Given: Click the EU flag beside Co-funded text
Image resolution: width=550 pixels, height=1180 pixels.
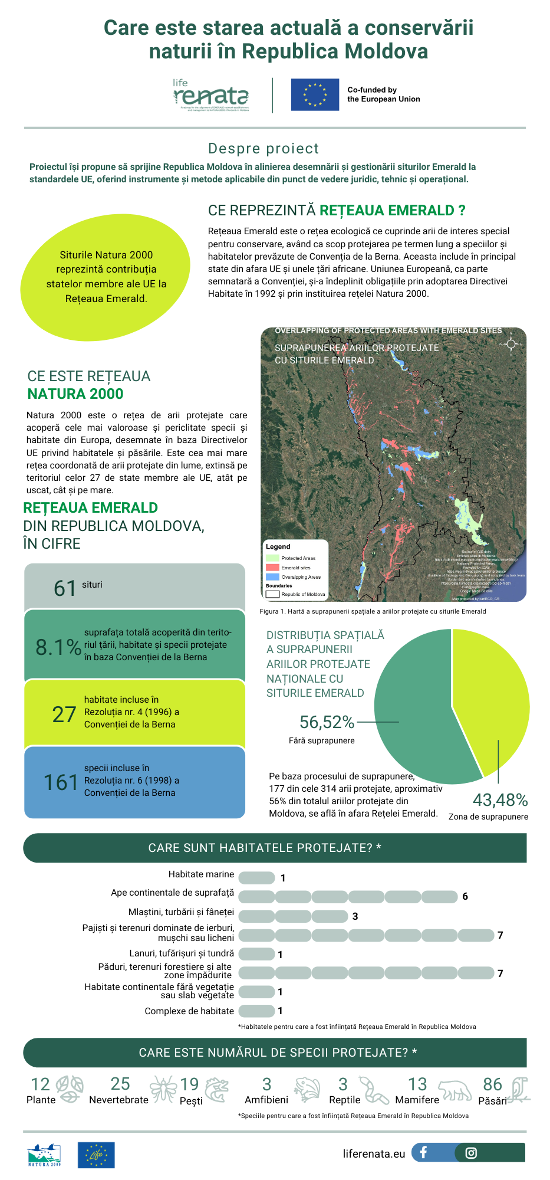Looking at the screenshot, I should pyautogui.click(x=315, y=94).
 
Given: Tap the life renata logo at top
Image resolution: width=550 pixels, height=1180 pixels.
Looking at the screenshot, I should pyautogui.click(x=211, y=95).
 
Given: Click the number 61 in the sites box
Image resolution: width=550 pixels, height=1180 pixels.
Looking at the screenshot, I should pyautogui.click(x=65, y=588).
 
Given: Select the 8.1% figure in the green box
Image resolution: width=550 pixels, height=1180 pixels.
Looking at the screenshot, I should pyautogui.click(x=58, y=647).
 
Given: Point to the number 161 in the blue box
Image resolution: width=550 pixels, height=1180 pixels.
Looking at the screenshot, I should pyautogui.click(x=61, y=782).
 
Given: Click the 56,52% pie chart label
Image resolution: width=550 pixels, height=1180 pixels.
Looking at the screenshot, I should pyautogui.click(x=327, y=722).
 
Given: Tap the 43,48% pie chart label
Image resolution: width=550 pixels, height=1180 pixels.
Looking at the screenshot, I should pyautogui.click(x=500, y=800).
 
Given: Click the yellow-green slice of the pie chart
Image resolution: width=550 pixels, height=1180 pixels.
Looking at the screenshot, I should pyautogui.click(x=492, y=696).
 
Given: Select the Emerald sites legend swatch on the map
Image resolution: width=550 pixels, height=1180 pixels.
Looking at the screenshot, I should pyautogui.click(x=272, y=568).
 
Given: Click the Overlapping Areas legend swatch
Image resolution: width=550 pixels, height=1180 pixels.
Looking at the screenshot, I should pyautogui.click(x=272, y=577).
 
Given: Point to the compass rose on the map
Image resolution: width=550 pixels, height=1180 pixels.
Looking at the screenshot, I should pyautogui.click(x=511, y=344).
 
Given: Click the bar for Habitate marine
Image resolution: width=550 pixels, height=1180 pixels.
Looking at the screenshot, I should pyautogui.click(x=256, y=878).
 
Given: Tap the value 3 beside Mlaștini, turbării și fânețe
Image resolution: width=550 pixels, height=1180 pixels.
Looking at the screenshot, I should pyautogui.click(x=355, y=916).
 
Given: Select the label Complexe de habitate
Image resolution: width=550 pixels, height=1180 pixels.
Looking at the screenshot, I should pyautogui.click(x=189, y=1011).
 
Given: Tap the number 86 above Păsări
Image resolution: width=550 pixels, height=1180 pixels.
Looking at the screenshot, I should pyautogui.click(x=492, y=1084).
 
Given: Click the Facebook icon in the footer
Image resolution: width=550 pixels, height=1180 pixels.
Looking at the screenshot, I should pyautogui.click(x=423, y=1152).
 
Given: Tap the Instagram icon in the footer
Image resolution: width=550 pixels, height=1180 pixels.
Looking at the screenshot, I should pyautogui.click(x=471, y=1153).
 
